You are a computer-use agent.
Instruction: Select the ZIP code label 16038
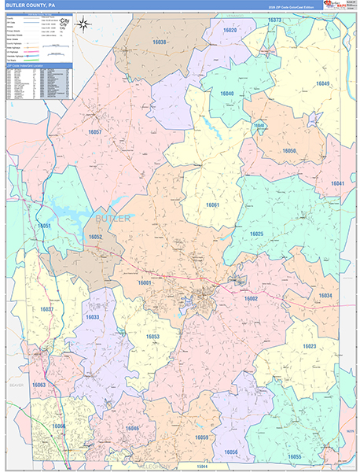coord(160,42)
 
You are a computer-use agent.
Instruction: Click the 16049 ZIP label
coord(322,83)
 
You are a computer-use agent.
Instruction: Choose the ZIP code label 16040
coord(227,94)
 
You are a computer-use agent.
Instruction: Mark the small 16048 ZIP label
coord(259,126)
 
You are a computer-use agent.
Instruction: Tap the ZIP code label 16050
coord(288,150)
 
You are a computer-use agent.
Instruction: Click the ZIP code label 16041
coord(337,183)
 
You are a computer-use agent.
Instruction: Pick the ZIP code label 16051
coord(44,226)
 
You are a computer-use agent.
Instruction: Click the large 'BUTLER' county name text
coord(109,216)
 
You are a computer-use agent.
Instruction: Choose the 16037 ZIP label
coord(46,310)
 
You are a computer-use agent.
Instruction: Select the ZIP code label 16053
coord(152,337)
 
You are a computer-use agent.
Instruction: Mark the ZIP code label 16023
coord(309,346)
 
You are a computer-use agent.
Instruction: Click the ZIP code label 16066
coord(59,426)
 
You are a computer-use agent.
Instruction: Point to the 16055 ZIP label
coord(294,456)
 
